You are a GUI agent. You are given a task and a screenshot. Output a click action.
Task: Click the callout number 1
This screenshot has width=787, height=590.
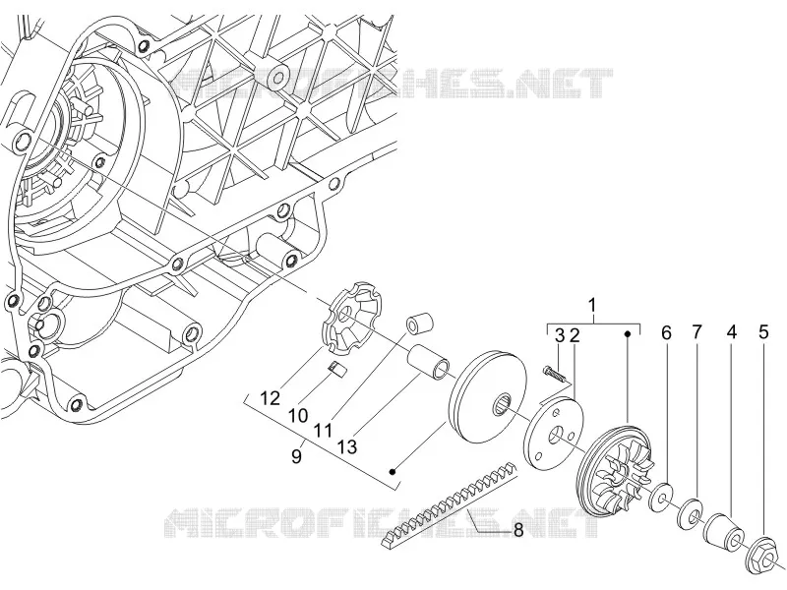tap(593, 305)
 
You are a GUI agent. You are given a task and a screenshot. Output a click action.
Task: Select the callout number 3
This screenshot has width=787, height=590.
tap(560, 335)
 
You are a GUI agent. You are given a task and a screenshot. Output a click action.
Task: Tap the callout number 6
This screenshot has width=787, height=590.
tap(666, 332)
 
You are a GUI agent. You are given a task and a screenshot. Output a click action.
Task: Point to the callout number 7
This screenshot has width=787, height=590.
tap(697, 332)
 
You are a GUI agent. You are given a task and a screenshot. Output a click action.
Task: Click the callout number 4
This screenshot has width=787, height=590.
tap(732, 332)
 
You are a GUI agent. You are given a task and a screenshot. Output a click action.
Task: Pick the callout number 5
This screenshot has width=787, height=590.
tap(763, 332)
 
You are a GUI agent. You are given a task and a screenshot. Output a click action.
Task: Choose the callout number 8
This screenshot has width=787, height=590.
tap(518, 529)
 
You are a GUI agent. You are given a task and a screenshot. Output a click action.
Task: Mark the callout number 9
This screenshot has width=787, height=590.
tap(297, 456)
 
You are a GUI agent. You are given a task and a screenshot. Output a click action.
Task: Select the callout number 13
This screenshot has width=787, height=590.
tap(347, 446)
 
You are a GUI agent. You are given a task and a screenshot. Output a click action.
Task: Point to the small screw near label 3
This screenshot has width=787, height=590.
tap(553, 375)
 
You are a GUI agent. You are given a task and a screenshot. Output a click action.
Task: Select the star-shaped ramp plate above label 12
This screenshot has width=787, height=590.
tap(351, 317)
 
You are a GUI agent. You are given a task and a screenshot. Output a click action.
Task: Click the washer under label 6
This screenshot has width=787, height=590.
tap(662, 498)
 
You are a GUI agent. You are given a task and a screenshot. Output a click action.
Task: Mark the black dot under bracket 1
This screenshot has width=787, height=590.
tap(628, 333)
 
